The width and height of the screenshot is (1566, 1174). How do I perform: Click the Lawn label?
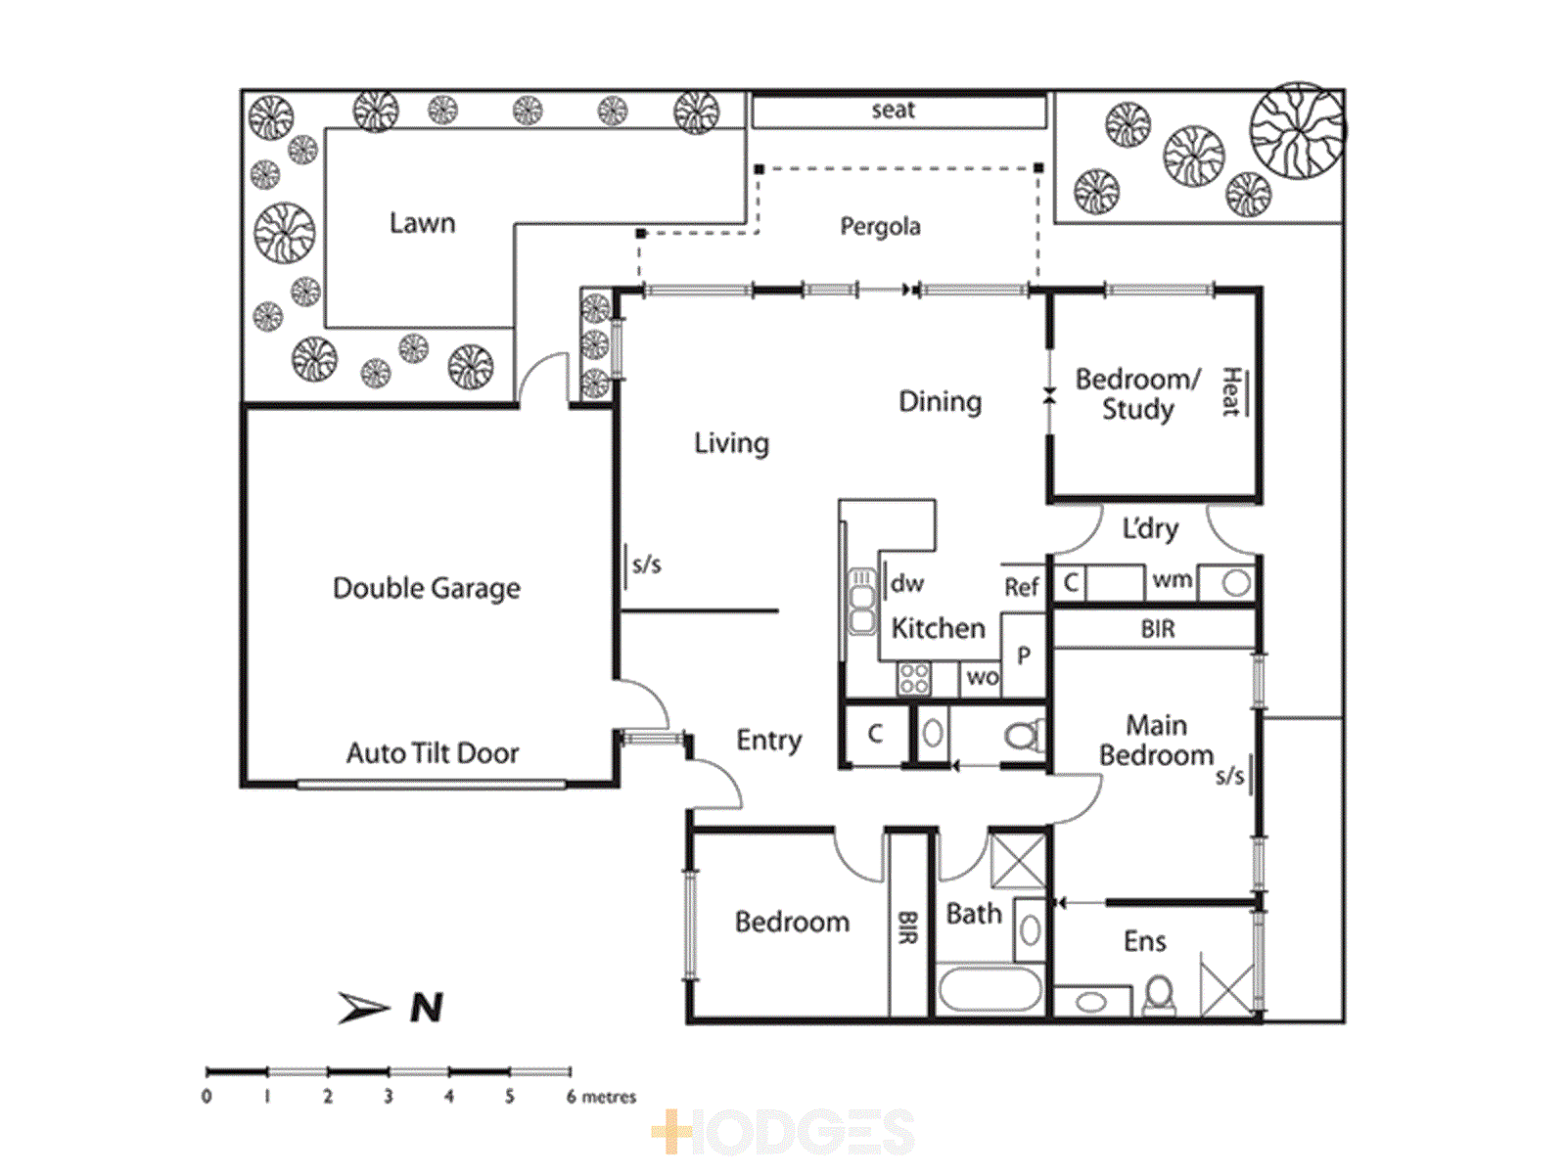tap(423, 223)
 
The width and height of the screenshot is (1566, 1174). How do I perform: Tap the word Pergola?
tap(880, 227)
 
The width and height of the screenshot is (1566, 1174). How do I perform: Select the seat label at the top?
tap(893, 110)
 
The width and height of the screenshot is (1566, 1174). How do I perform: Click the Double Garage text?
tap(427, 588)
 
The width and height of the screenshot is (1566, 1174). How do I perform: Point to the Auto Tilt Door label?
tap(433, 752)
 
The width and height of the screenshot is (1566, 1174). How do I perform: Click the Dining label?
tap(940, 402)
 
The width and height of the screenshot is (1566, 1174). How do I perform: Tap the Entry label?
tap(768, 741)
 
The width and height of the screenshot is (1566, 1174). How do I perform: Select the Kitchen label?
tap(939, 628)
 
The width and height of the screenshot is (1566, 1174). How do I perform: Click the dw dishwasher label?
tap(906, 583)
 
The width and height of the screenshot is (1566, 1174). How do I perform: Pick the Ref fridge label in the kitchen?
tap(1021, 587)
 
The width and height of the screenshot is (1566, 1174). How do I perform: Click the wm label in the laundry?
tap(1173, 579)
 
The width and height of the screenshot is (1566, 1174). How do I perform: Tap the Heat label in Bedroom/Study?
tap(1230, 391)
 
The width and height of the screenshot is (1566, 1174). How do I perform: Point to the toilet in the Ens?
tap(1160, 995)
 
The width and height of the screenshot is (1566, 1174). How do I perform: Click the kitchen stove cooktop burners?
tap(914, 679)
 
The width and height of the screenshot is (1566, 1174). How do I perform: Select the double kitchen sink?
tap(862, 600)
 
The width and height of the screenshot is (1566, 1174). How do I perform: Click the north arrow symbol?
tap(363, 1008)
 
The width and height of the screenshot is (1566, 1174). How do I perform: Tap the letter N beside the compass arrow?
tap(427, 1008)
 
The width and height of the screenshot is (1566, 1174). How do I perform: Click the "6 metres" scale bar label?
tap(601, 1097)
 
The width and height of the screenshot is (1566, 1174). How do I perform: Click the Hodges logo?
tap(783, 1131)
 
